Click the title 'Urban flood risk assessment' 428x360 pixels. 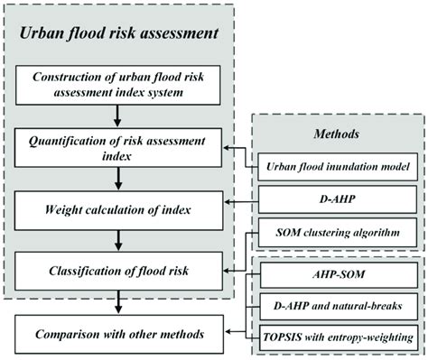pos(120,34)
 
